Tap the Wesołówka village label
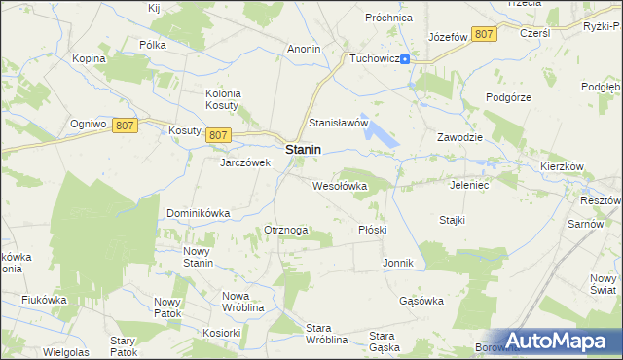click(x=339, y=185)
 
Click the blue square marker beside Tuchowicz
click(x=405, y=58)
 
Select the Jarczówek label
click(x=244, y=162)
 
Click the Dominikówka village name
click(x=198, y=212)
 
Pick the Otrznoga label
click(x=286, y=230)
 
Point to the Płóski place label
click(x=373, y=230)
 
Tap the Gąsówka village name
click(x=421, y=301)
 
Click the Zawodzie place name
click(x=460, y=137)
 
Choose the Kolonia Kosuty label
click(x=223, y=99)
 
